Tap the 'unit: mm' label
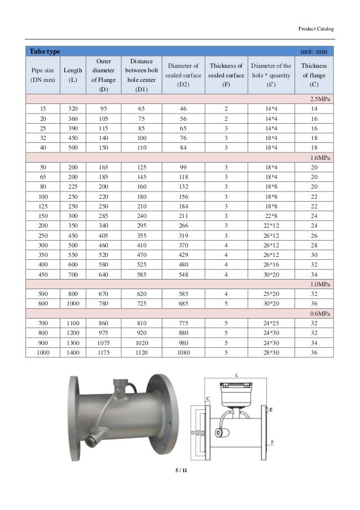pos(317,51)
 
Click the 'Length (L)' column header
pos(72,75)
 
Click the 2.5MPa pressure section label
pos(322,98)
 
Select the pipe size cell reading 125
pos(43,207)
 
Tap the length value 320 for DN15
pos(72,108)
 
